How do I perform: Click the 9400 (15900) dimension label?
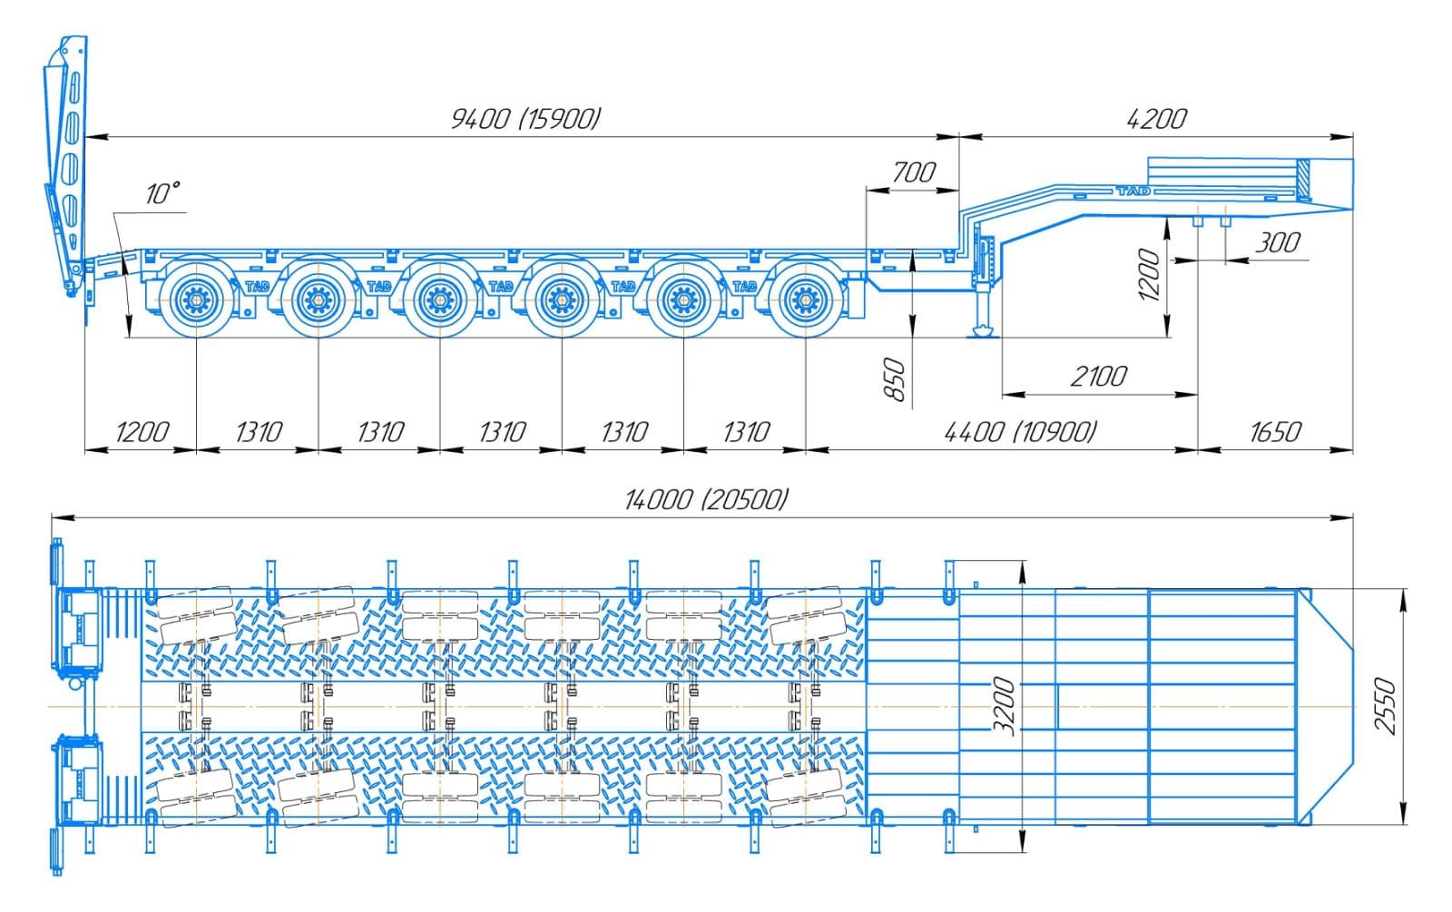526,119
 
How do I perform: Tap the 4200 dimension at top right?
1156,119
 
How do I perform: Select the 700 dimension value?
913,172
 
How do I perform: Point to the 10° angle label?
162,193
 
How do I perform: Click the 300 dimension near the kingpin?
1278,242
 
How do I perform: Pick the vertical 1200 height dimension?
1149,275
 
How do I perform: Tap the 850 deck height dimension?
895,379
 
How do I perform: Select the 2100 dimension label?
1099,376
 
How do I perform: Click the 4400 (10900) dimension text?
1020,431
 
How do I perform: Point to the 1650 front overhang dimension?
1275,431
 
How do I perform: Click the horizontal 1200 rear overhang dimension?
142,431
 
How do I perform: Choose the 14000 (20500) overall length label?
706,499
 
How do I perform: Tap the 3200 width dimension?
1004,705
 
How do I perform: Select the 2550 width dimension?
1385,705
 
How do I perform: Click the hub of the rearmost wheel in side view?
196,298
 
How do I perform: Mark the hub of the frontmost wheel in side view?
804,298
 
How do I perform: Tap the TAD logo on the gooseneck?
1133,191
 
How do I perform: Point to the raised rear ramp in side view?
67,163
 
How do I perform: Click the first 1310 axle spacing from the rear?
259,431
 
